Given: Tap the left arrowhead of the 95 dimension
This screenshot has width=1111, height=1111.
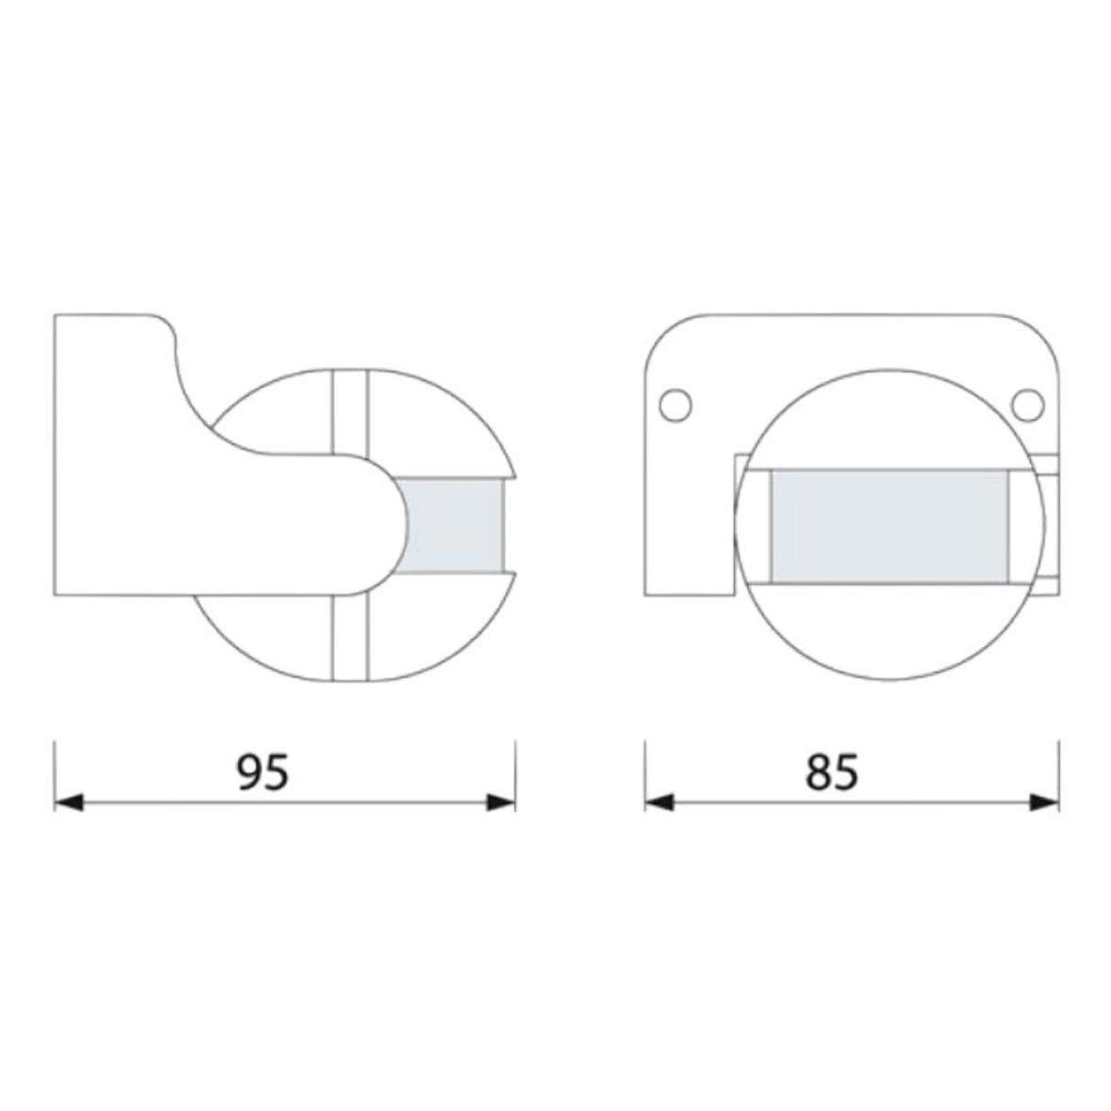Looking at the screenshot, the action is [69, 802].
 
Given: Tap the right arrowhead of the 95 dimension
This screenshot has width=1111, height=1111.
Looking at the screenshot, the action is [501, 802].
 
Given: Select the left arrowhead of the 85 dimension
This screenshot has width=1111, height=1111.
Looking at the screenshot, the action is [659, 802].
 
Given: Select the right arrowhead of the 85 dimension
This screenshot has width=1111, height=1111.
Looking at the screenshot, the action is [1044, 802].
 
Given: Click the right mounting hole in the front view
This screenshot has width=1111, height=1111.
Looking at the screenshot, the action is [1027, 405].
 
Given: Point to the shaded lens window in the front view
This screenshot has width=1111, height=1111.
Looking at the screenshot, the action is [889, 527].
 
